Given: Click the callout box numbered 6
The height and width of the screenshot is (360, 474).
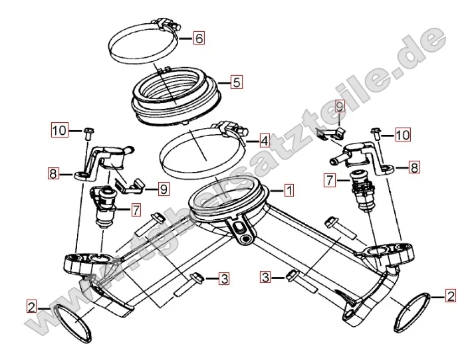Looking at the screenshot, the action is [199, 39].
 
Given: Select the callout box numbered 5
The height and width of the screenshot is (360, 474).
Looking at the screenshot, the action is [237, 82].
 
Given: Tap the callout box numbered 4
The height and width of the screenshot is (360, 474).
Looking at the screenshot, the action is [264, 141].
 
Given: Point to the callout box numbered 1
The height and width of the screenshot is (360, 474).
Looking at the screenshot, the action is [289, 191].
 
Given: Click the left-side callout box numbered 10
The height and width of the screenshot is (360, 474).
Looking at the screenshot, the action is [60, 130].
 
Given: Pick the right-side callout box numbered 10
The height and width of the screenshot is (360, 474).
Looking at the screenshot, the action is [403, 135].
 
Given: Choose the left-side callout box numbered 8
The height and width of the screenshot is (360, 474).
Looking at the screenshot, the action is [53, 173].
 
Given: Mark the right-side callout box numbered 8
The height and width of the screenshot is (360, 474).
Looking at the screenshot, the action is [414, 167].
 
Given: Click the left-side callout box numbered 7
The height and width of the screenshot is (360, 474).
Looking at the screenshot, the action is [136, 210].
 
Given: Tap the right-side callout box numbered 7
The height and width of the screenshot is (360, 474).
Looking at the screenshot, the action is [330, 180].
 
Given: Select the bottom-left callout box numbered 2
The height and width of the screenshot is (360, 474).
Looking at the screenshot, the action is [31, 307].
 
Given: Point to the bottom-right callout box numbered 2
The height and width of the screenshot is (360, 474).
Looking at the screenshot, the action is [451, 296].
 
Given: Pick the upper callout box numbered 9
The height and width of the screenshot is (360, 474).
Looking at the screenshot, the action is [340, 107].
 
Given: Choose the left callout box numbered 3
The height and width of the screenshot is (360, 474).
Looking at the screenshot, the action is [224, 278].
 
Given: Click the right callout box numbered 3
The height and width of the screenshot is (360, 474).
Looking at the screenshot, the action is [265, 277].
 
